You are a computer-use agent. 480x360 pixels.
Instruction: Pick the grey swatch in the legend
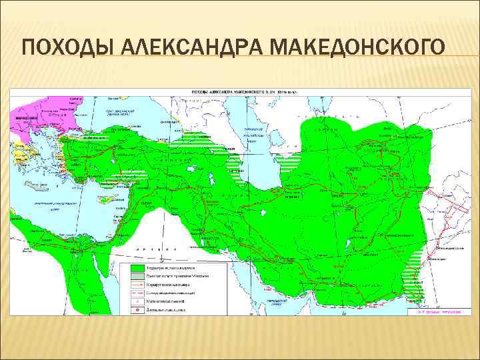pyautogui.click(x=136, y=275)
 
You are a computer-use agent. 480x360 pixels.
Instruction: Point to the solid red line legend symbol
pyautogui.click(x=136, y=283)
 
